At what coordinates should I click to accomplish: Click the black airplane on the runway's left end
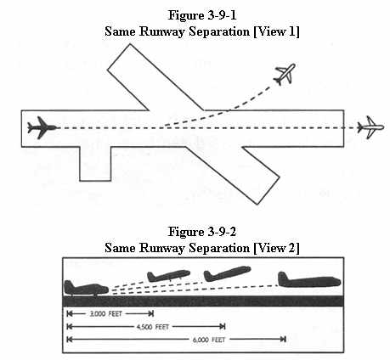pyautogui.click(x=42, y=127)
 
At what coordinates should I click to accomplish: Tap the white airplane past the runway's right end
pyautogui.click(x=370, y=127)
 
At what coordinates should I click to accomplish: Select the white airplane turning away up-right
pyautogui.click(x=285, y=74)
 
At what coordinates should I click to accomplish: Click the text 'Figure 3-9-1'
pyautogui.click(x=202, y=15)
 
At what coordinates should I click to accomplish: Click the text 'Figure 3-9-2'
pyautogui.click(x=202, y=232)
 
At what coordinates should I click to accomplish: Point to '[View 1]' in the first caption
pyautogui.click(x=276, y=31)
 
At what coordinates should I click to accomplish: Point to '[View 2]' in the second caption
pyautogui.click(x=276, y=248)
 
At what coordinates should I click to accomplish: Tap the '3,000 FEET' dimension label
pyautogui.click(x=105, y=313)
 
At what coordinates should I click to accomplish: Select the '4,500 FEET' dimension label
pyautogui.click(x=153, y=327)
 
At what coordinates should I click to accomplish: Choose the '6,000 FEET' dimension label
pyautogui.click(x=209, y=340)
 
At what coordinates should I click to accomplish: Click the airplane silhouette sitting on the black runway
pyautogui.click(x=86, y=288)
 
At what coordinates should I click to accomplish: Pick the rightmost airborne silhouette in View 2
pyautogui.click(x=309, y=280)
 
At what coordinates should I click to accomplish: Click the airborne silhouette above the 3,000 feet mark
pyautogui.click(x=168, y=276)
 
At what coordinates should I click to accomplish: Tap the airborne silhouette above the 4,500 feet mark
pyautogui.click(x=227, y=273)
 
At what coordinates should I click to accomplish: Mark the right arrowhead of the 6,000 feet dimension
pyautogui.click(x=283, y=339)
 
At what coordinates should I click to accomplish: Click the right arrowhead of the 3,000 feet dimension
pyautogui.click(x=151, y=313)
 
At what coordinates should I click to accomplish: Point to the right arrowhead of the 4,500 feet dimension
pyautogui.click(x=223, y=327)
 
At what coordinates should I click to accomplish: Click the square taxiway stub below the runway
pyautogui.click(x=95, y=164)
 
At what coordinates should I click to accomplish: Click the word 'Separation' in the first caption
pyautogui.click(x=219, y=32)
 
